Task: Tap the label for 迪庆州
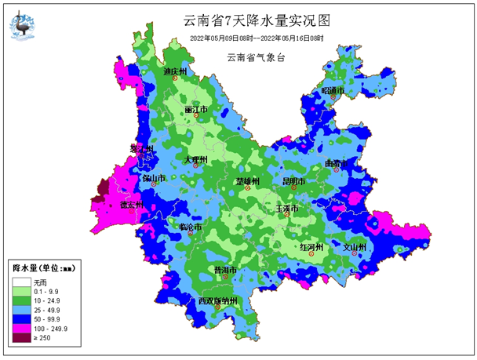(175, 72)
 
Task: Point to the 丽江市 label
(195, 110)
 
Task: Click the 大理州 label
(195, 160)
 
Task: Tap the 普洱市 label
(226, 270)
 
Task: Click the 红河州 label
(312, 247)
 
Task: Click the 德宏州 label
(131, 205)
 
